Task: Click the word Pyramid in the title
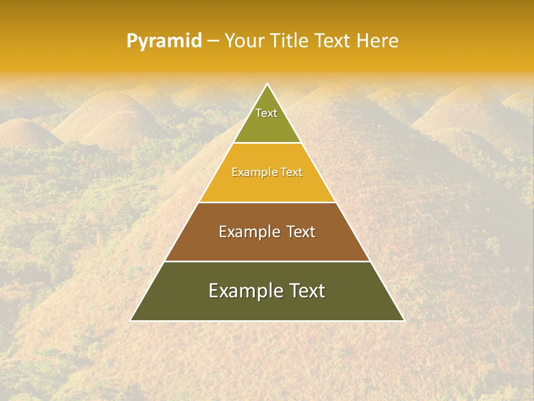pyautogui.click(x=164, y=41)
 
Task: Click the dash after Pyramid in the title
pyautogui.click(x=212, y=41)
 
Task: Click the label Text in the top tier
pyautogui.click(x=266, y=113)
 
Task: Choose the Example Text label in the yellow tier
pyautogui.click(x=267, y=172)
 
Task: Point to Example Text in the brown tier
pyautogui.click(x=267, y=232)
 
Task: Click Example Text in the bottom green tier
pyautogui.click(x=267, y=291)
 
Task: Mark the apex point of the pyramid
pyautogui.click(x=267, y=84)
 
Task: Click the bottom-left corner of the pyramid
pyautogui.click(x=131, y=321)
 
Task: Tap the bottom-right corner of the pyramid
pyautogui.click(x=404, y=321)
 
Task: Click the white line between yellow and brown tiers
pyautogui.click(x=267, y=202)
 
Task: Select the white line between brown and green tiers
pyautogui.click(x=267, y=261)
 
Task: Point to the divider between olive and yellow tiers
pyautogui.click(x=267, y=143)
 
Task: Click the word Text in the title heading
pyautogui.click(x=332, y=41)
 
